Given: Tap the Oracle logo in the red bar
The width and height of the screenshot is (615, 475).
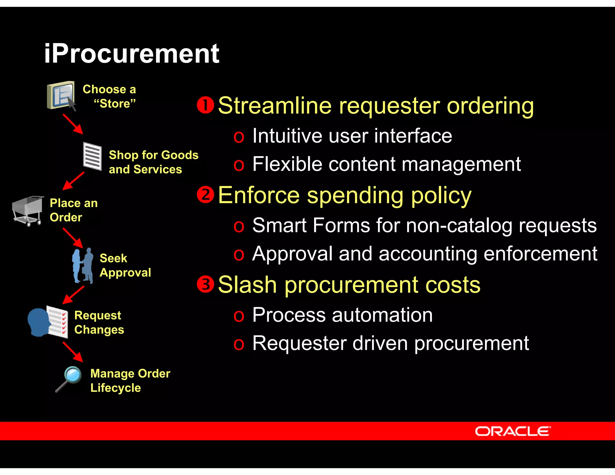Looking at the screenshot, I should [513, 431].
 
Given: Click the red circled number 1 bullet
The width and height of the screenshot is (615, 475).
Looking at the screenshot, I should [205, 105].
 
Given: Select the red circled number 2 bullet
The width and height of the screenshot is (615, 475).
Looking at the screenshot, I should [205, 195].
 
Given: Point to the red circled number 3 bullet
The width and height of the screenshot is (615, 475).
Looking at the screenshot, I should [205, 284].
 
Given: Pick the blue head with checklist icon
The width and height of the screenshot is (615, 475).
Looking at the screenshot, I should [48, 322].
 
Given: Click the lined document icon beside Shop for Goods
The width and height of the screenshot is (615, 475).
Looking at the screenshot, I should [92, 156].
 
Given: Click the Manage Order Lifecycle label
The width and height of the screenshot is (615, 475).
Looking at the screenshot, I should [130, 380].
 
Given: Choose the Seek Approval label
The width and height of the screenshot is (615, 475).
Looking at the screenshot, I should [125, 265].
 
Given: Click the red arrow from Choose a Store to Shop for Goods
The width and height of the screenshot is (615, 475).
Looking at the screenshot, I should [73, 124].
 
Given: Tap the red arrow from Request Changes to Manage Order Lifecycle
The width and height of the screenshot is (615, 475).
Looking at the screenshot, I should [73, 352].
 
